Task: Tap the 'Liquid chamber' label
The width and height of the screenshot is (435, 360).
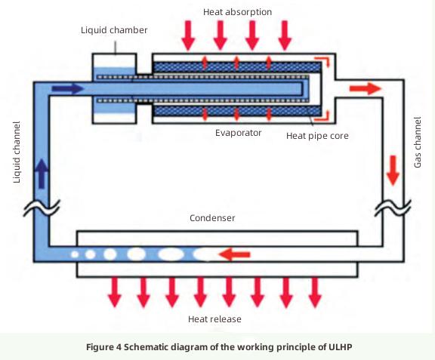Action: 114,29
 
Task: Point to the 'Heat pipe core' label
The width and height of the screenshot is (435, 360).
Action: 317,136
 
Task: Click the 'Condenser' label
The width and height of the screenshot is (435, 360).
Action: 212,218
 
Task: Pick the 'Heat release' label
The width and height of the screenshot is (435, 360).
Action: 214,319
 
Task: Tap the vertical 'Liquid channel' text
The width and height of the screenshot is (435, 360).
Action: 17,151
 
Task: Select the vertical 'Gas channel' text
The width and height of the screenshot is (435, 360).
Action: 418,142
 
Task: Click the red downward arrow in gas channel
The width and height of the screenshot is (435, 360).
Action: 392,171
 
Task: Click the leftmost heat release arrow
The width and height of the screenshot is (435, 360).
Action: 114,292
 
